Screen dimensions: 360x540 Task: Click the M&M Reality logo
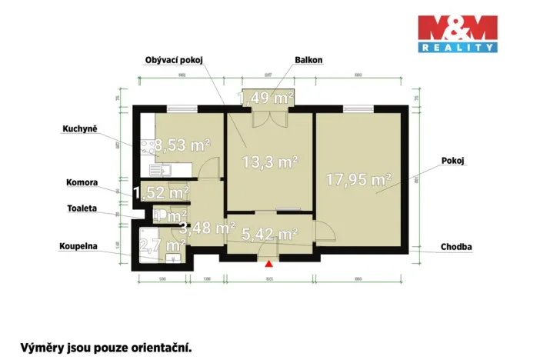pos(457,35)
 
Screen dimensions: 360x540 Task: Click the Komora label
pos(82,183)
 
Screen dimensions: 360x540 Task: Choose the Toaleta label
pos(82,208)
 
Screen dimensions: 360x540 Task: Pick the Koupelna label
pos(78,247)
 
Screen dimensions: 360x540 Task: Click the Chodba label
pos(457,247)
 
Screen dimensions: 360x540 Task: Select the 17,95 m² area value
pos(358,181)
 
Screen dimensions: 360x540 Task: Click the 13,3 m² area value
pos(270,162)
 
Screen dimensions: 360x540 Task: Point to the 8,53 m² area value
pos(182,144)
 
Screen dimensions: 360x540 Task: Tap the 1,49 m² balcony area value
pos(265,98)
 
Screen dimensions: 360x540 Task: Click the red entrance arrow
pos(268,265)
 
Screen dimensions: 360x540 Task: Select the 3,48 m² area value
pos(207,228)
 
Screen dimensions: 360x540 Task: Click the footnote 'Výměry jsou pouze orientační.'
pos(105,347)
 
